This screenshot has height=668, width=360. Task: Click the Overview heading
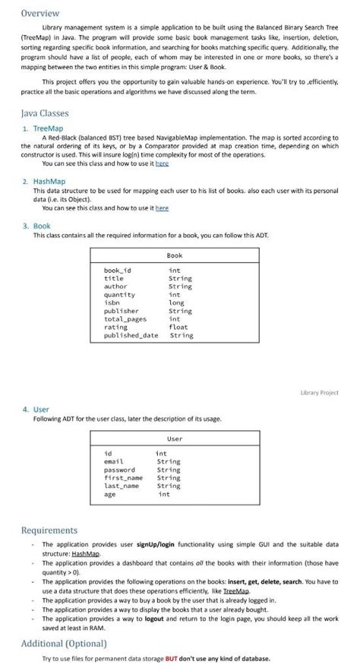39,13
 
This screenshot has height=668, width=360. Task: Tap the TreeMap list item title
50,128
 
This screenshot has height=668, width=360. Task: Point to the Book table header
174,255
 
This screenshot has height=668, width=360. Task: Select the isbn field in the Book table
112,302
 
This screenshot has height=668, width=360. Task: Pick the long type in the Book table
176,302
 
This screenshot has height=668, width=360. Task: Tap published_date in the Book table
131,335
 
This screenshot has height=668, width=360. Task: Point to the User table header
174,439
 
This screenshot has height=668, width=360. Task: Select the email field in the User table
114,461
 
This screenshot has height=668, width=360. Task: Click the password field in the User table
119,470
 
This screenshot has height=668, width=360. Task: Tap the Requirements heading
49,530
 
